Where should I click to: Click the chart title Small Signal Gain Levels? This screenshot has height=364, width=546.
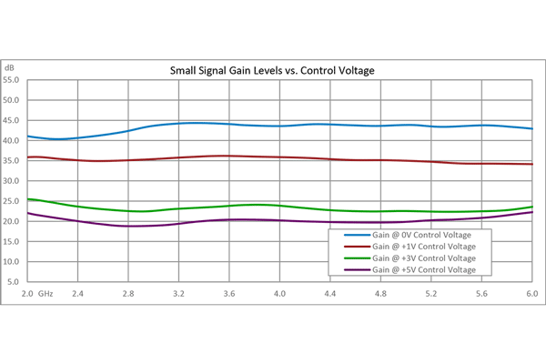(273, 69)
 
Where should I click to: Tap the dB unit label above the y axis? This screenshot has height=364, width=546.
(9, 68)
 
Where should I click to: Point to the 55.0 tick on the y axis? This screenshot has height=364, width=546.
(13, 79)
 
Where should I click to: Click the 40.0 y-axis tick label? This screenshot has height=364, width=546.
(13, 140)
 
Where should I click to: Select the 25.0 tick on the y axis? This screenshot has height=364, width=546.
(13, 201)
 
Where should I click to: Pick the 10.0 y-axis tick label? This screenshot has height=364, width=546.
(13, 262)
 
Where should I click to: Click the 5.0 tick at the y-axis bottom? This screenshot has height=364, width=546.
(15, 282)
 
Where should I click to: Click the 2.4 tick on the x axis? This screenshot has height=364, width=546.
(77, 295)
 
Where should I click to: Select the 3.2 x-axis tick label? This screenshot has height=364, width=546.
(178, 295)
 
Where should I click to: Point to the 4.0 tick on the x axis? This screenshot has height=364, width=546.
(279, 295)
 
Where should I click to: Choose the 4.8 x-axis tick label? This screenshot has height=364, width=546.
(380, 295)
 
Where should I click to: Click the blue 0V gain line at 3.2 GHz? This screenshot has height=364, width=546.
(178, 123)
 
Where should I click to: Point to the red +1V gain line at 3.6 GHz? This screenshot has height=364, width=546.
(229, 156)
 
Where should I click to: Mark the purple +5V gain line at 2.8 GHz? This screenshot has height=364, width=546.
(128, 226)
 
